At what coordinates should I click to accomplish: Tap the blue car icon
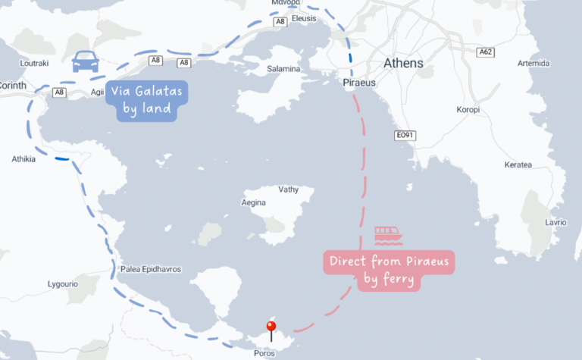(84, 61)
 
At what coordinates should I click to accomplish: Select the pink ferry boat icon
(388, 235)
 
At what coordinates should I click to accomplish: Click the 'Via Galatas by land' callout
(147, 100)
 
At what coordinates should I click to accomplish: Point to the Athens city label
(403, 63)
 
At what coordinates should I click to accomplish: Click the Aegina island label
(253, 202)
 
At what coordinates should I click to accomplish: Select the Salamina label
(283, 69)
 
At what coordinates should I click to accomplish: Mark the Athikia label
(23, 159)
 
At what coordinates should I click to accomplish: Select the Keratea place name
(518, 164)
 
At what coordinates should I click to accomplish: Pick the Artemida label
(531, 63)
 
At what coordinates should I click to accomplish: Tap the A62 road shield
(486, 52)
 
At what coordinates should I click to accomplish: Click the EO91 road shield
(406, 136)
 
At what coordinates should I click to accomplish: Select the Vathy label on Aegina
(289, 189)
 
